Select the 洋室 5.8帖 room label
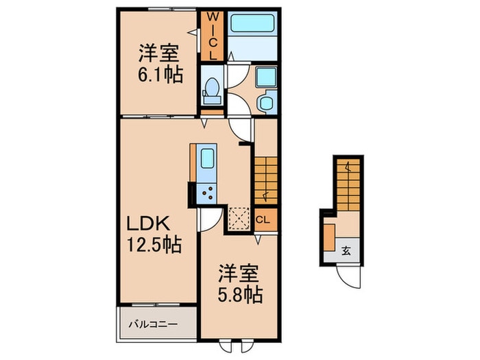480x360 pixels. tap(239, 285)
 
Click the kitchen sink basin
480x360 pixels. tap(206, 164)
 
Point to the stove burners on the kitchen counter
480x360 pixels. tap(206, 193)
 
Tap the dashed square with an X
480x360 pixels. tap(239, 217)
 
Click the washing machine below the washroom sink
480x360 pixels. tap(265, 104)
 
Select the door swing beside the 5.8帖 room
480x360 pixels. tap(209, 219)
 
